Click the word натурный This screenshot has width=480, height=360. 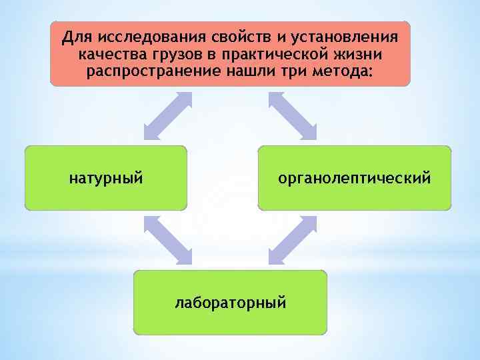coord(106,179)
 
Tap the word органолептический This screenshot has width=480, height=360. coord(355,179)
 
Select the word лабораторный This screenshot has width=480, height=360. coord(230,303)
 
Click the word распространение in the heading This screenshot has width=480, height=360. coord(155,71)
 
